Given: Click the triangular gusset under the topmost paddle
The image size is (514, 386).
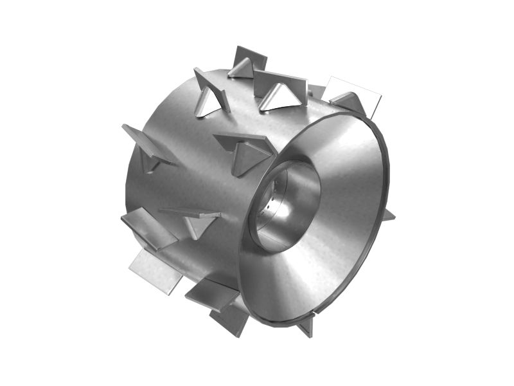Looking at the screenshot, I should (x=242, y=69).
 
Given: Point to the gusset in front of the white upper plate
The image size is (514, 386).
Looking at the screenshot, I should (x=349, y=102).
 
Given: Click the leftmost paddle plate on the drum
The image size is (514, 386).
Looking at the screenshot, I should (x=144, y=142).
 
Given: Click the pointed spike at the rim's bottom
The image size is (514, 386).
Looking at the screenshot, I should (x=307, y=326).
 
